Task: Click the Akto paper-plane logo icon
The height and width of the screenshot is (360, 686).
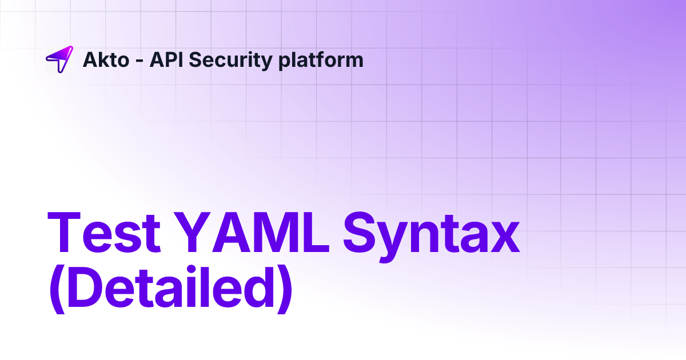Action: tap(59, 59)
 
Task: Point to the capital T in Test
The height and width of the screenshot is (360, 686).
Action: tap(66, 234)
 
